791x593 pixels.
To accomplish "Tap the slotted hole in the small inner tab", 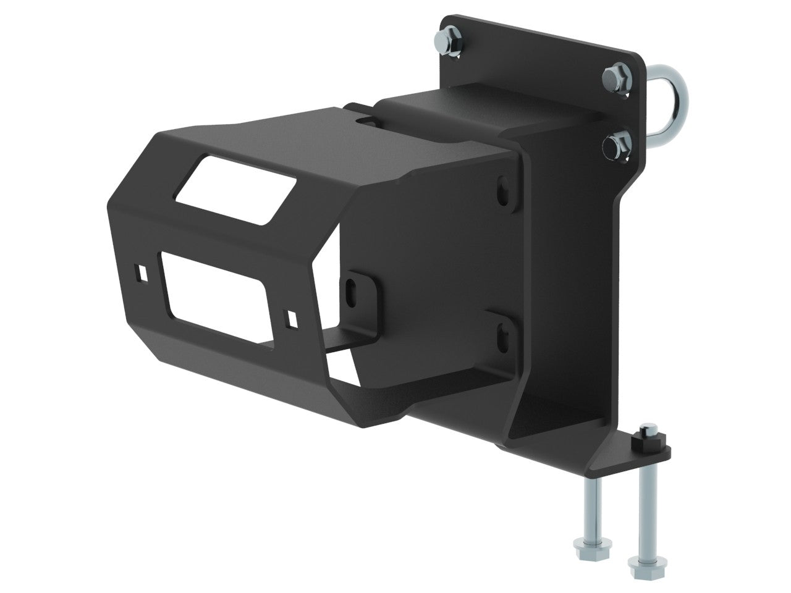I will click(355, 288).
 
